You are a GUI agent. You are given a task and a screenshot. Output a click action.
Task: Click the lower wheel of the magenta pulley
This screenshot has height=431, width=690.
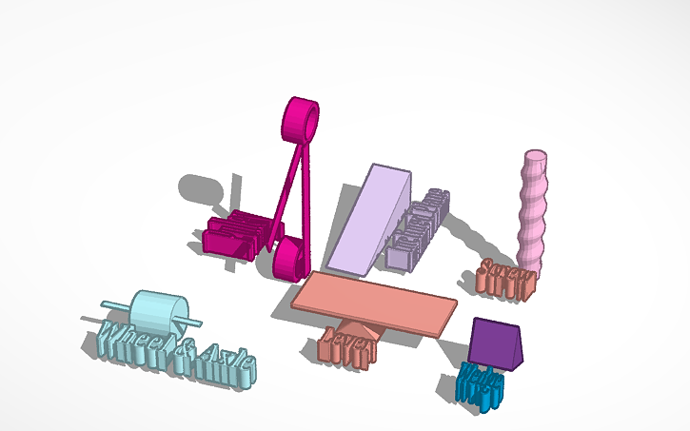click(289, 258)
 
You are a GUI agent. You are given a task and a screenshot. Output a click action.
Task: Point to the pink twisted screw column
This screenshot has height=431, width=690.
click(533, 209)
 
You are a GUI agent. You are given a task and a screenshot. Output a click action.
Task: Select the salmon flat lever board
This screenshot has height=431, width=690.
click(376, 302)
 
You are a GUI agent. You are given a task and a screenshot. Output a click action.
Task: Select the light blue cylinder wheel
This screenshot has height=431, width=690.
click(159, 313)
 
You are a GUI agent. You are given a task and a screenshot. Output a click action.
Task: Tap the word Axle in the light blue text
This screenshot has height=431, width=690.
click(226, 366)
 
